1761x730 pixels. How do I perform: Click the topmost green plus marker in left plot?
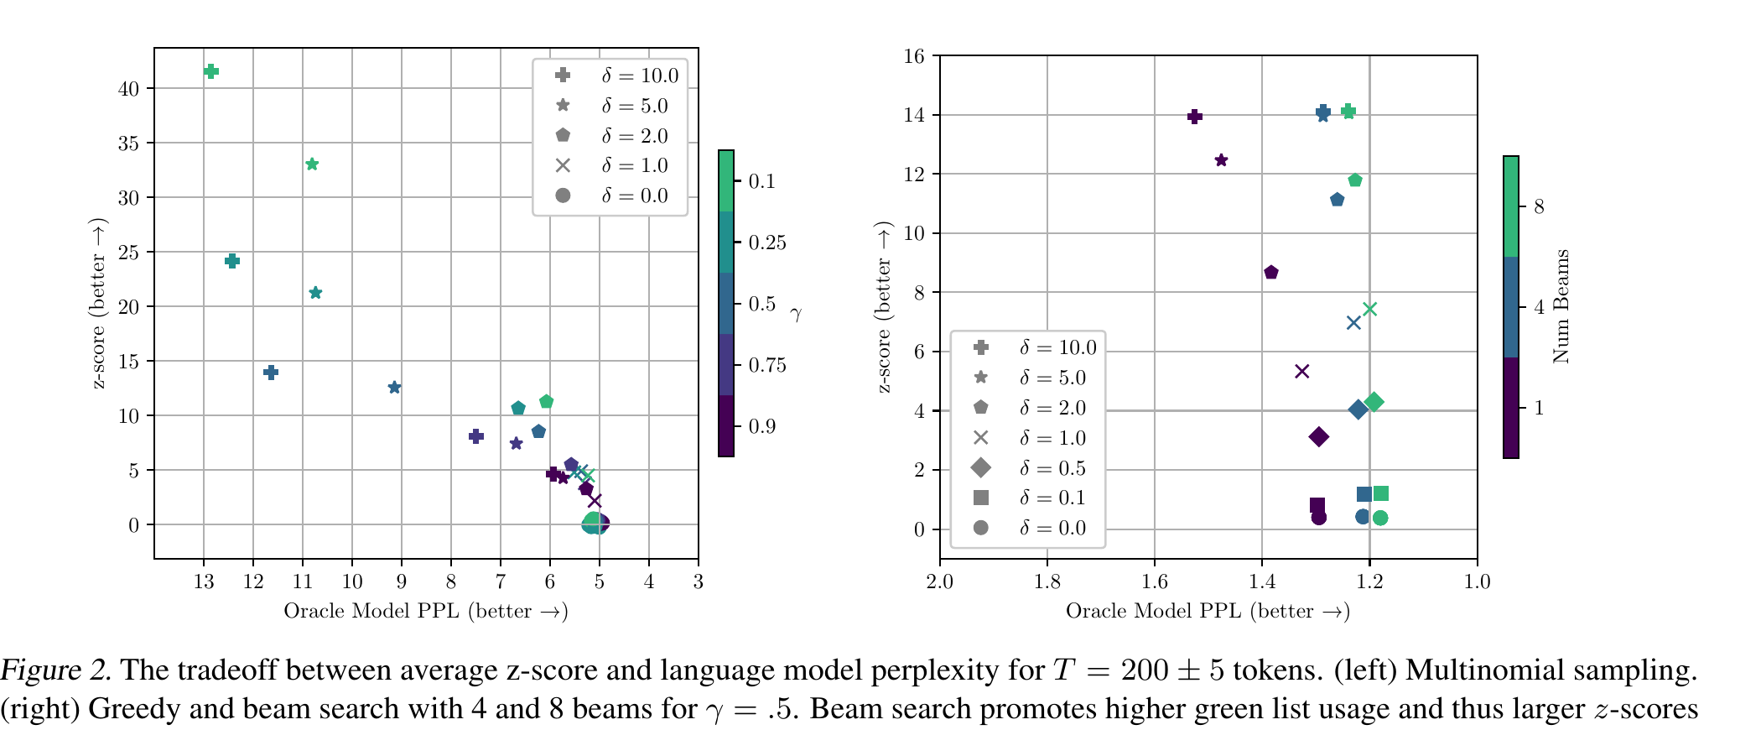pyautogui.click(x=211, y=71)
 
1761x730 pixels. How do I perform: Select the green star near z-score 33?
pyautogui.click(x=312, y=164)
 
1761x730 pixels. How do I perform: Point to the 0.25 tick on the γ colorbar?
pyautogui.click(x=767, y=242)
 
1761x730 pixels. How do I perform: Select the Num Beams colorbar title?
pyautogui.click(x=1561, y=306)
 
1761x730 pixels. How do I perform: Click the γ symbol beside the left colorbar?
pyautogui.click(x=796, y=315)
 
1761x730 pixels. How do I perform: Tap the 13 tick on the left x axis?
pyautogui.click(x=204, y=581)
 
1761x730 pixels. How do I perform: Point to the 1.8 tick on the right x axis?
pyautogui.click(x=1047, y=581)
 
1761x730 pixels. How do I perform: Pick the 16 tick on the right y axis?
pyautogui.click(x=914, y=56)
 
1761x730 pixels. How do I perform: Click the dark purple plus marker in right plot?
pyautogui.click(x=1195, y=117)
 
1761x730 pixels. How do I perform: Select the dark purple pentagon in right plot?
pyautogui.click(x=1271, y=272)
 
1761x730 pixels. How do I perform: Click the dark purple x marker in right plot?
pyautogui.click(x=1301, y=371)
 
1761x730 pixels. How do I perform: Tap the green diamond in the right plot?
pyautogui.click(x=1374, y=403)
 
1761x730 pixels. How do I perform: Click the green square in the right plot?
pyautogui.click(x=1381, y=493)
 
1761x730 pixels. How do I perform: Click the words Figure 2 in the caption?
pyautogui.click(x=55, y=670)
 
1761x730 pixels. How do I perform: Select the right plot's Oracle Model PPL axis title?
pyautogui.click(x=1208, y=611)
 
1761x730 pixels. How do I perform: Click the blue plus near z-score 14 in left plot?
pyautogui.click(x=271, y=373)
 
